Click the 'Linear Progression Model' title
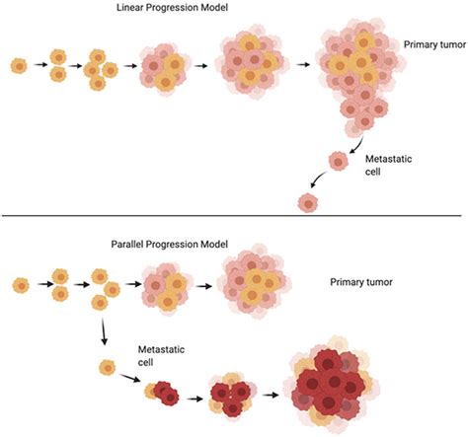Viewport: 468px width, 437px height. click(172, 8)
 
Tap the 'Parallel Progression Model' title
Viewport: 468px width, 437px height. click(170, 245)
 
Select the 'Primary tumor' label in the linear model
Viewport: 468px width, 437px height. click(434, 44)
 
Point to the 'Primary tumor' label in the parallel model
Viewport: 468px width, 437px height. click(361, 282)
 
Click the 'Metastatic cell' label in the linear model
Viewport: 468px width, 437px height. click(388, 165)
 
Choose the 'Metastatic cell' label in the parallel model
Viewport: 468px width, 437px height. click(161, 355)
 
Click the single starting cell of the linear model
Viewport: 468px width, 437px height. click(19, 66)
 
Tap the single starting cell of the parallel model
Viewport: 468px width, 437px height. click(21, 286)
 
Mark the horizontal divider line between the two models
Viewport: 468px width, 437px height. click(232, 216)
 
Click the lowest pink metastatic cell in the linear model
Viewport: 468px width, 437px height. click(308, 203)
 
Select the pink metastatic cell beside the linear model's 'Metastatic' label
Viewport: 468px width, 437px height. click(339, 161)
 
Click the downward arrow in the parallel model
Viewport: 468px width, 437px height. click(104, 331)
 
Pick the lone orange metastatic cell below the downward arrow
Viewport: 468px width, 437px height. click(108, 368)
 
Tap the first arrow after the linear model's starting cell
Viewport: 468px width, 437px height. click(40, 65)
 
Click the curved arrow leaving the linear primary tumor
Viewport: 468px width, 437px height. click(357, 145)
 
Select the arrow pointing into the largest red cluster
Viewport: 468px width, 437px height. click(271, 395)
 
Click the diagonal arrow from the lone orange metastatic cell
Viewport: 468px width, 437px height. click(129, 378)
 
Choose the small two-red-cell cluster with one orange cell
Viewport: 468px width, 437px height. click(162, 393)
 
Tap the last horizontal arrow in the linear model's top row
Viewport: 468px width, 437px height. click(303, 65)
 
